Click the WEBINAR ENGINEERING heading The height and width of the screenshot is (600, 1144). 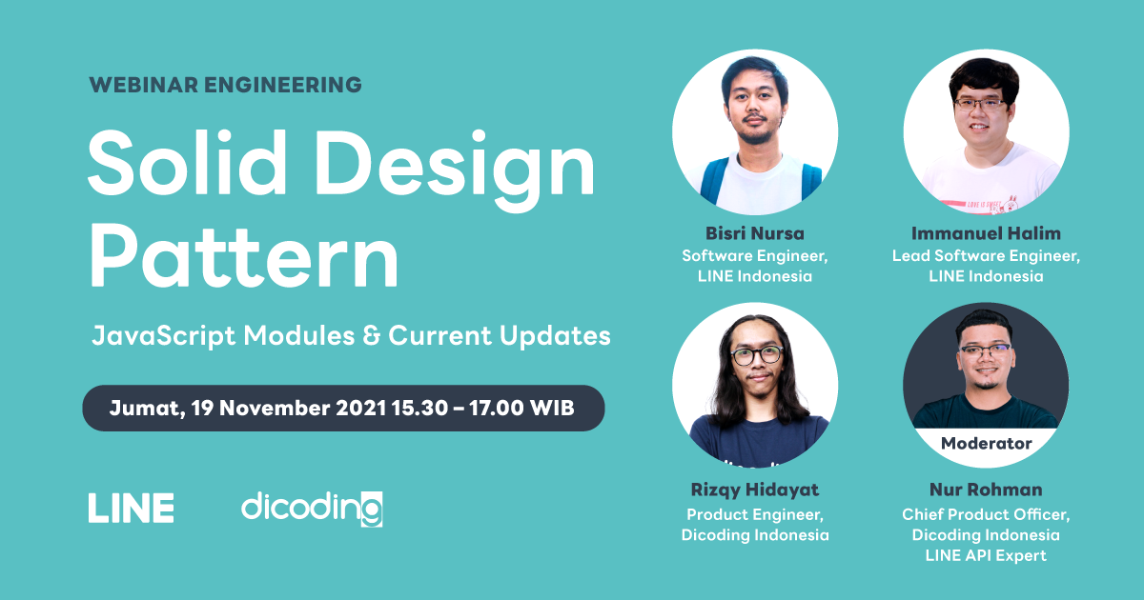pos(225,85)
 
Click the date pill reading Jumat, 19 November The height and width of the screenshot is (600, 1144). pos(343,408)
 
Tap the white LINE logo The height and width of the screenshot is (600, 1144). pos(131,508)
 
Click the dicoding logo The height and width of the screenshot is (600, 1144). pos(312,508)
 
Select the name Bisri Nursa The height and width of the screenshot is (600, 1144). pos(754,233)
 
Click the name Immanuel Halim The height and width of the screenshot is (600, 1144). pos(986,233)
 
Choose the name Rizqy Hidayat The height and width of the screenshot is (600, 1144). pos(754,490)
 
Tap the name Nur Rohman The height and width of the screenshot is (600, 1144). pos(986,490)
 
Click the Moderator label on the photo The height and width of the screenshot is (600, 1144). pos(986,443)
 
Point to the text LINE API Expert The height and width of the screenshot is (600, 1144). pos(986,555)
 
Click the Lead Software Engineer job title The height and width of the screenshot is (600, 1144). pos(986,255)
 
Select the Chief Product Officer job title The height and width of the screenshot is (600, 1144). pos(986,514)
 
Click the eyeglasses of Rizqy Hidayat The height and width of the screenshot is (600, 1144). pos(756,356)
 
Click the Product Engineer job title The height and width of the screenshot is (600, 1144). pos(754,514)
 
